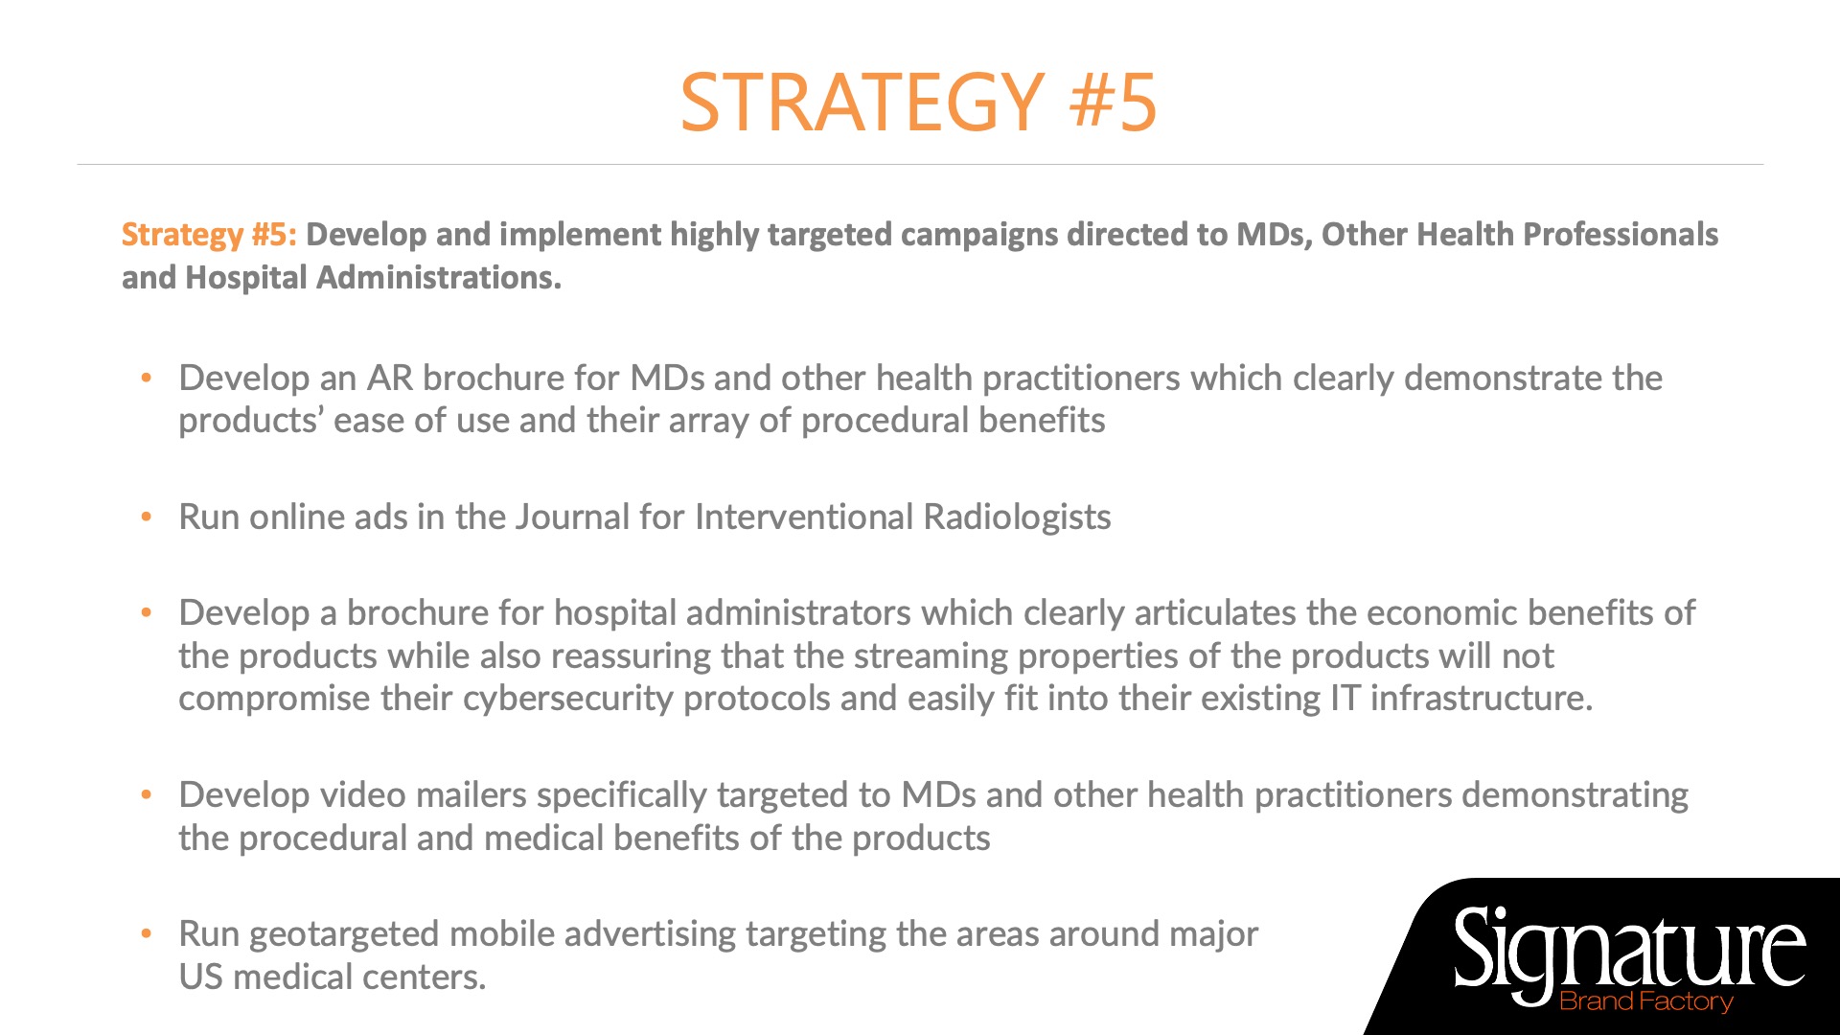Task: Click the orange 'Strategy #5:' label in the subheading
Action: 209,235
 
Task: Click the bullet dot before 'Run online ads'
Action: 147,517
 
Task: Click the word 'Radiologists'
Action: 1017,517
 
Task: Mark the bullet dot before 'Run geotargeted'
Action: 147,934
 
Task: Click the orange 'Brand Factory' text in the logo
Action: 1646,1001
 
